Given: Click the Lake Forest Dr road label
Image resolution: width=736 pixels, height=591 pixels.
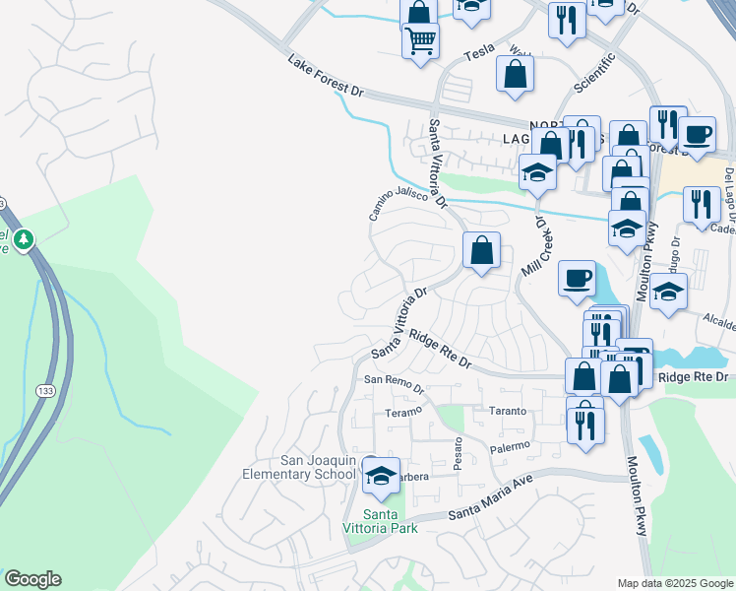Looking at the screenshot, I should (326, 76).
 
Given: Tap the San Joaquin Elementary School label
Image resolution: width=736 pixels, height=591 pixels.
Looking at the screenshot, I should (298, 468).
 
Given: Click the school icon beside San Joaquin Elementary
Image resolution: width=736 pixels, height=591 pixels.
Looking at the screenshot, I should (381, 476).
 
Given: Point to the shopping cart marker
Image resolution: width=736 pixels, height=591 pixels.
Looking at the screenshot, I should (420, 40).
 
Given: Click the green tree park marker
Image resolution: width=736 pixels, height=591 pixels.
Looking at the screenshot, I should (24, 239).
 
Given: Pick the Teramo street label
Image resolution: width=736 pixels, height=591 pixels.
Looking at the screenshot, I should (402, 412).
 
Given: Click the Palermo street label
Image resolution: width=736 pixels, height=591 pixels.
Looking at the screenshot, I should (510, 447).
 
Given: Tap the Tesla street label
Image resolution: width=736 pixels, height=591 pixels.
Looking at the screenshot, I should (478, 55).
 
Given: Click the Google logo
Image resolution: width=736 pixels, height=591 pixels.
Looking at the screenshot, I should (31, 579).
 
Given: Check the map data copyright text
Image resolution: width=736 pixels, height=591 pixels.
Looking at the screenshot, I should (674, 583).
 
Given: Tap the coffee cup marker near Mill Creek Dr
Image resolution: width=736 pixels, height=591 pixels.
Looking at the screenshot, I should (577, 277).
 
